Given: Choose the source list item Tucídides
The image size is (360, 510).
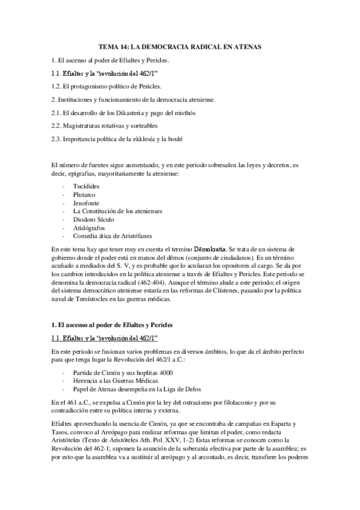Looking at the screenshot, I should tap(87, 186).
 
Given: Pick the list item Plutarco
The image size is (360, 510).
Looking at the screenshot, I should tap(84, 195).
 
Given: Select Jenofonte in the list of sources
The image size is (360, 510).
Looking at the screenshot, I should tap(86, 203).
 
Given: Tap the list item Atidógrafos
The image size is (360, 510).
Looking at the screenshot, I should tap(89, 229).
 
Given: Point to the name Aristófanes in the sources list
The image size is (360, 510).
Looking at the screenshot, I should tap(133, 237).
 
